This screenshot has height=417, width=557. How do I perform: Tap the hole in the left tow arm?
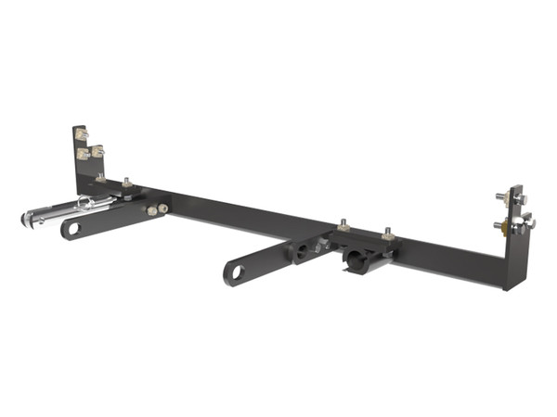73,229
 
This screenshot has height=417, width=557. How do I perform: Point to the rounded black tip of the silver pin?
23,221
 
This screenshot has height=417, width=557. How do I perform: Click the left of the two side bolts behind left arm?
149,212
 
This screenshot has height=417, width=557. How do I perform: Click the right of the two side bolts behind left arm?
162,209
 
